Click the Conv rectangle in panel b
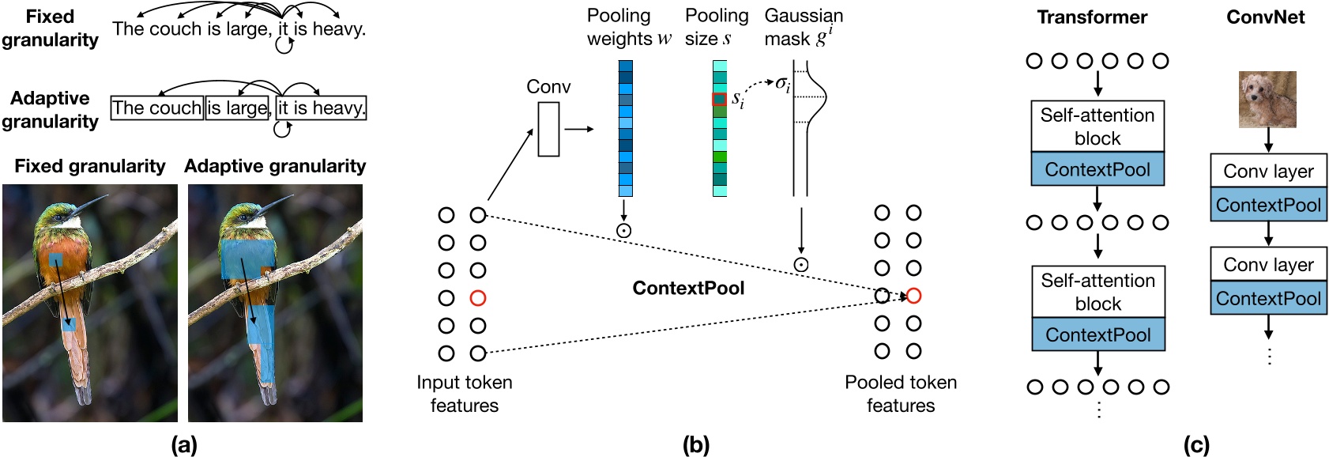tap(548, 129)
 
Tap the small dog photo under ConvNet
tap(1267, 100)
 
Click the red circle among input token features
tap(477, 298)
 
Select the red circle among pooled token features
tap(913, 296)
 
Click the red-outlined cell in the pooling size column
tap(719, 99)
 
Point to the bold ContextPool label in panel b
tap(688, 289)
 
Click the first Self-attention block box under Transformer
tap(1097, 127)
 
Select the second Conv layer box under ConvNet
tap(1268, 265)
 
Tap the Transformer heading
tap(1092, 17)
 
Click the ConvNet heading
tap(1265, 17)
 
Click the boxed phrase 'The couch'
tap(157, 108)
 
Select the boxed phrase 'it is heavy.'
tap(321, 108)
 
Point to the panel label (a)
tap(184, 445)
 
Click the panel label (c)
tap(1196, 445)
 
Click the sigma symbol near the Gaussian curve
tap(782, 83)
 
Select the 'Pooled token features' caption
tap(900, 394)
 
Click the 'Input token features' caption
tap(464, 394)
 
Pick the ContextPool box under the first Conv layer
tap(1268, 205)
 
